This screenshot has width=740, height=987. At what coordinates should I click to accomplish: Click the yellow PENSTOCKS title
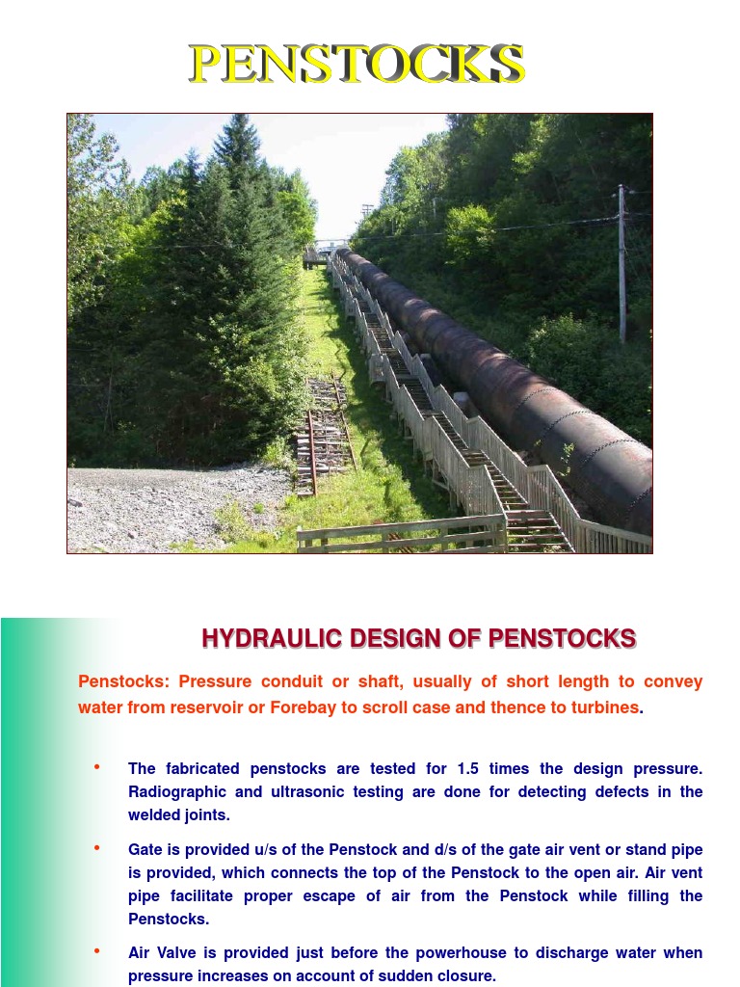pyautogui.click(x=357, y=64)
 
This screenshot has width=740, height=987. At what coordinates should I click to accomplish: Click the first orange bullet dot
pyautogui.click(x=96, y=767)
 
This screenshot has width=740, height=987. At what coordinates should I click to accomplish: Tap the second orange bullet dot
pyautogui.click(x=96, y=848)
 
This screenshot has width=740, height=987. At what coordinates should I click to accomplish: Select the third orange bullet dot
pyautogui.click(x=96, y=951)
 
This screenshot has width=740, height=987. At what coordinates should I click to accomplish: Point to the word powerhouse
pyautogui.click(x=459, y=953)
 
